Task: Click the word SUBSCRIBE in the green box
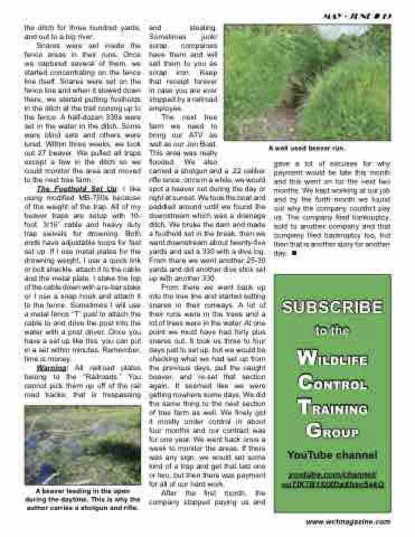click(x=332, y=307)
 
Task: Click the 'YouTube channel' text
click(x=332, y=455)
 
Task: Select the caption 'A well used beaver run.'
click(x=307, y=149)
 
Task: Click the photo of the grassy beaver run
click(x=307, y=82)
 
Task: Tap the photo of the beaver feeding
click(x=83, y=444)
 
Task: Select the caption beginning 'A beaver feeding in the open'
click(x=83, y=500)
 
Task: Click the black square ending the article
click(x=294, y=253)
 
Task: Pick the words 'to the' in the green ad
click(x=332, y=331)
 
